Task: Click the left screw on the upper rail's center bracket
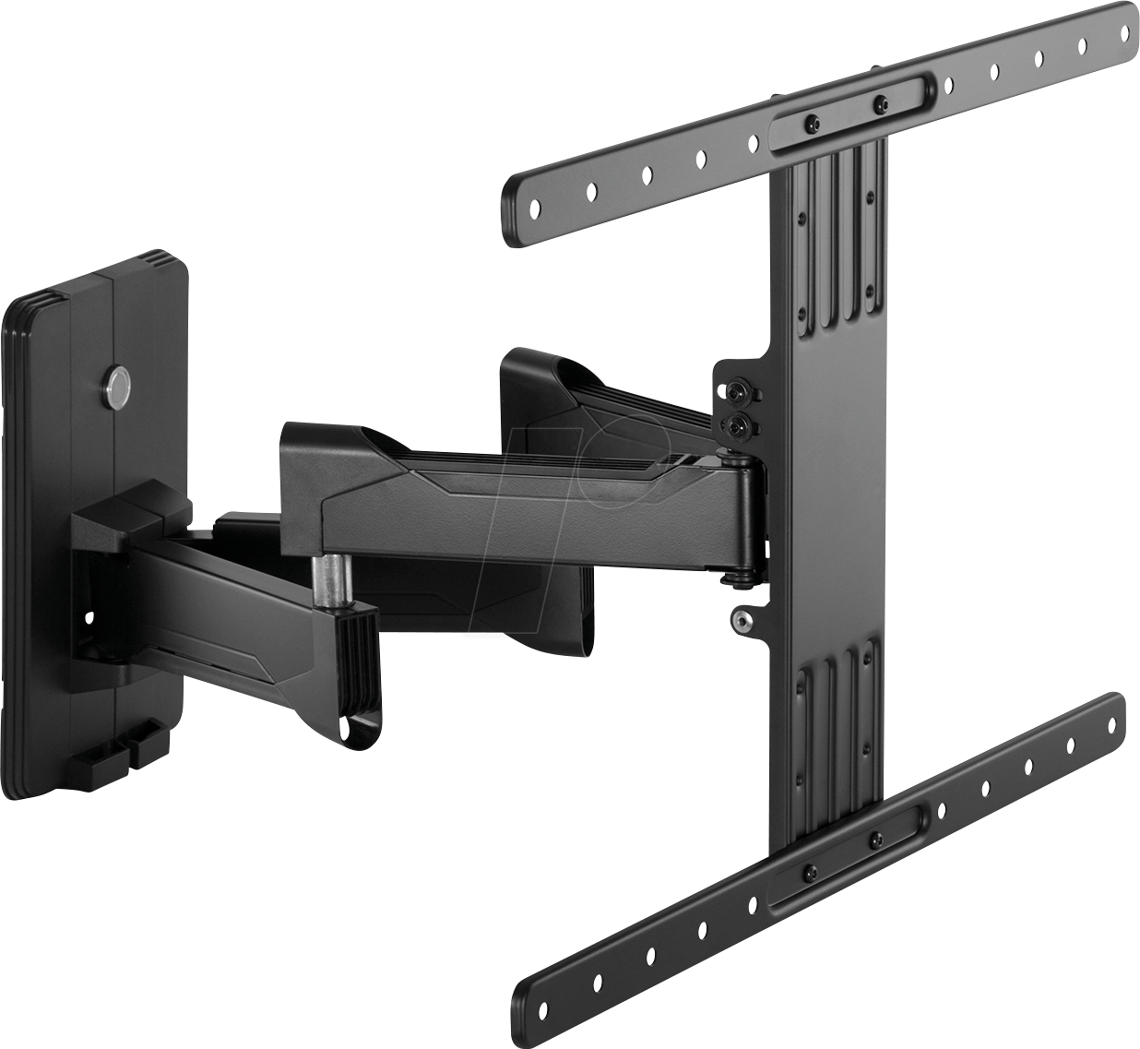pos(812,123)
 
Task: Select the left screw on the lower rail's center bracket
pos(810,872)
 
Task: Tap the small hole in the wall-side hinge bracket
pos(91,614)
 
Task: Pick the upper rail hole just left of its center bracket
pos(753,143)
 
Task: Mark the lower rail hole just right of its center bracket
pos(939,809)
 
